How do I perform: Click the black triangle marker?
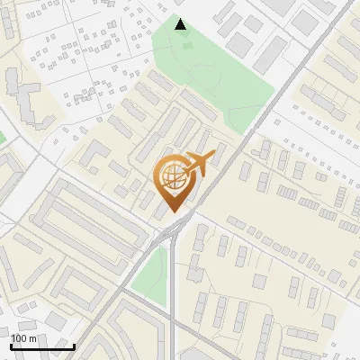tap(180, 24)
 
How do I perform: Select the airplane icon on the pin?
tap(198, 163)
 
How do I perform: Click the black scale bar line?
tap(41, 346)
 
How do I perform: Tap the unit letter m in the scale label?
tap(31, 338)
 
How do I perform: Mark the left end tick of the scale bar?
tap(10, 345)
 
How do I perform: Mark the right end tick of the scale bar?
tap(74, 345)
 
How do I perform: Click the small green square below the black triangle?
tap(186, 46)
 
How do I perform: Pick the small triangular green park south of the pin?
tap(151, 270)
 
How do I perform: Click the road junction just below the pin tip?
tap(171, 232)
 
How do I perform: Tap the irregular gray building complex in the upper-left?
tap(22, 94)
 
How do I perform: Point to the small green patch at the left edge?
tap(2, 137)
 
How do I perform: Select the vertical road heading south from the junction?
tap(172, 306)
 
